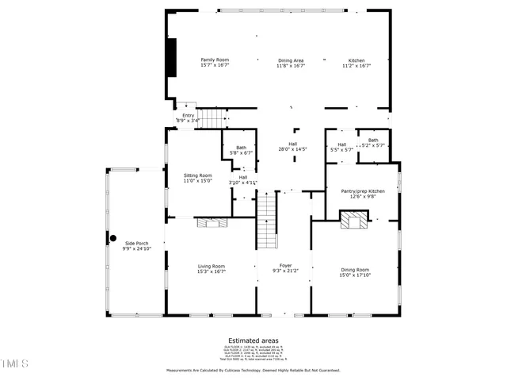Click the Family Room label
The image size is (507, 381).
tap(214, 60)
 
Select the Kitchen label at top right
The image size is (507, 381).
tap(356, 60)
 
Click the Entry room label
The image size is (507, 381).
tap(188, 115)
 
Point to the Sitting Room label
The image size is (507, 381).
tap(198, 175)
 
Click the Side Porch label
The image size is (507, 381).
tap(136, 243)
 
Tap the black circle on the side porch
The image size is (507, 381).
tap(112, 238)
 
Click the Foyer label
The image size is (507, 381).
tap(285, 265)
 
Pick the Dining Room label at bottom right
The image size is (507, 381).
tap(355, 270)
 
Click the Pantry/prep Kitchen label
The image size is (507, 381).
tap(363, 190)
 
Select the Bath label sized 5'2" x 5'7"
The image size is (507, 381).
tap(372, 140)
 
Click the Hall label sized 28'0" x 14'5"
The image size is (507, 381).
tap(292, 144)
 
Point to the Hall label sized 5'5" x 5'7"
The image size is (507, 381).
tap(341, 144)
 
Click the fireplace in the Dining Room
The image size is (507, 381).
tap(354, 219)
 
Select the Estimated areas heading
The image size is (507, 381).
tap(253, 340)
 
